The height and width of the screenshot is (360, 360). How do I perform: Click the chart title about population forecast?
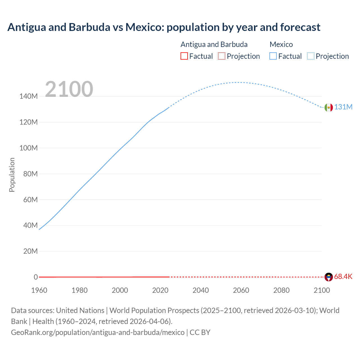tap(164, 27)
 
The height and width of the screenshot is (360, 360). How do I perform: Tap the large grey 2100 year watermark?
tap(69, 89)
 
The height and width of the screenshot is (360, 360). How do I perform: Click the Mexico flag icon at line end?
tap(328, 107)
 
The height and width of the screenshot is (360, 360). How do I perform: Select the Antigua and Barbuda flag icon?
tap(328, 277)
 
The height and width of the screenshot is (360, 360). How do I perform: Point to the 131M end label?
tap(343, 107)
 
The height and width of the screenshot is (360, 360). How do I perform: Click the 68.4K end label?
tap(343, 277)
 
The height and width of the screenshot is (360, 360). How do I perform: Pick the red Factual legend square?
tap(184, 56)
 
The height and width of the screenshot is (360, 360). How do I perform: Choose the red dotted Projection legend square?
tap(222, 56)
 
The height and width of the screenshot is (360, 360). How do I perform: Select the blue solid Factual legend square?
tap(273, 56)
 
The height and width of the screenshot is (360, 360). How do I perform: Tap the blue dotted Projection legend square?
tap(311, 56)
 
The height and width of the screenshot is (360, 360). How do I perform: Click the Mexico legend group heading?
tap(281, 44)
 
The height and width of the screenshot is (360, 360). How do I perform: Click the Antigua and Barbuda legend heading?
tap(214, 44)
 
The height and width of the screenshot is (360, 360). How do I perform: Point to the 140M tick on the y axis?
tap(28, 96)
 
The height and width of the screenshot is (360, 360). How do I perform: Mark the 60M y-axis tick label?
tap(30, 200)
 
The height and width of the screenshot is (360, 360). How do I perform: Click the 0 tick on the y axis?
tap(36, 277)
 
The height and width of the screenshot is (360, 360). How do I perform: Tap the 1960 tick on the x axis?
tap(39, 290)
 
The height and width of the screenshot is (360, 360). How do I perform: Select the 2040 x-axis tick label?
tap(201, 290)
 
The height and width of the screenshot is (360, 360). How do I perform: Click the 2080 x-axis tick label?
tap(281, 290)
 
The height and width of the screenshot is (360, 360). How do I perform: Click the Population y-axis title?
tap(12, 175)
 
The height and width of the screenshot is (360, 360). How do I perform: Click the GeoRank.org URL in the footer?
tap(98, 332)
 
